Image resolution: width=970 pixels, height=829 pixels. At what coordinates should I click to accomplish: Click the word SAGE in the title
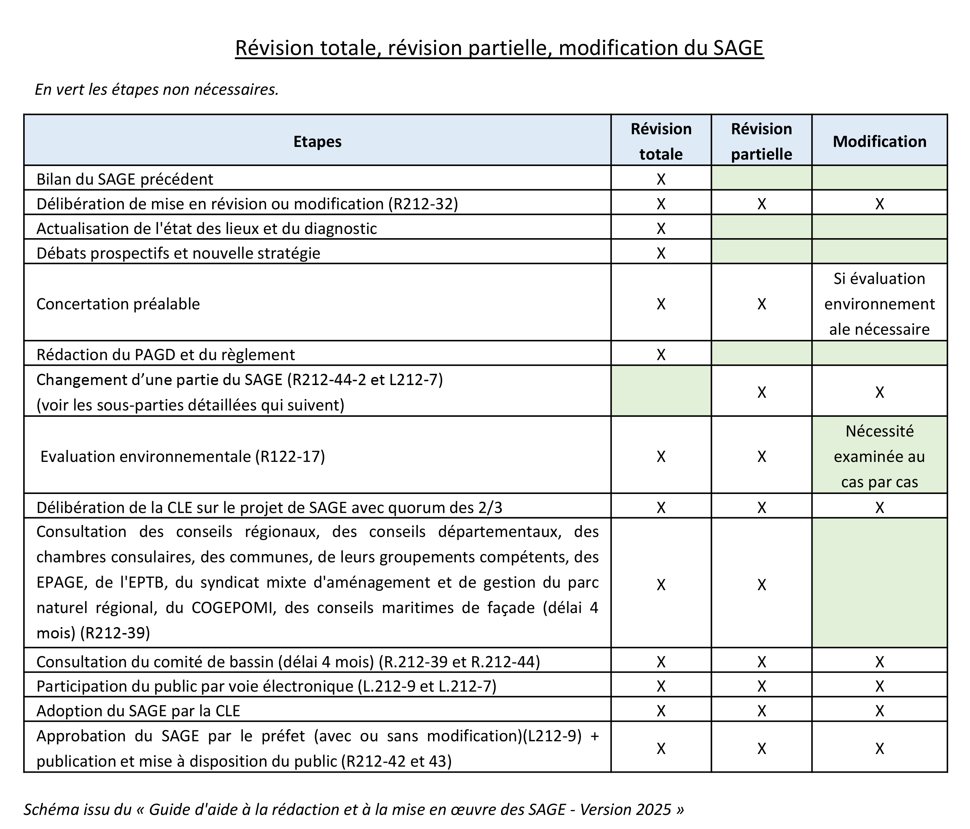pos(738,48)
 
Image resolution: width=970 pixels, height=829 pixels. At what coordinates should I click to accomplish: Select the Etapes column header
pos(317,141)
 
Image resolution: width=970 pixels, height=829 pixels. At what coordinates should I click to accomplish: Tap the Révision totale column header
pos(661,141)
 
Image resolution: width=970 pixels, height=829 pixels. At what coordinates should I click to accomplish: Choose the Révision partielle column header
pos(761,141)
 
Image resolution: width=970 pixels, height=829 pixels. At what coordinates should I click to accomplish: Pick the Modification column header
pos(879,141)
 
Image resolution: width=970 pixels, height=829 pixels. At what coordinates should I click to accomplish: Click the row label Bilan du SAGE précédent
pos(125,179)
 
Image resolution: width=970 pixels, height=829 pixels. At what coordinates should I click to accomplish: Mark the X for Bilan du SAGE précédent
pos(661,179)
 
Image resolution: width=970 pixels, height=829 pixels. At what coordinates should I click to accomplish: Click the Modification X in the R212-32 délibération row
pos(879,204)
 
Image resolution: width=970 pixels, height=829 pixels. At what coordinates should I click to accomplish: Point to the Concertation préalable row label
pos(118,304)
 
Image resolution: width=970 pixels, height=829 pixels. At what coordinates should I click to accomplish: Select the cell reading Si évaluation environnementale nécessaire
pos(879,304)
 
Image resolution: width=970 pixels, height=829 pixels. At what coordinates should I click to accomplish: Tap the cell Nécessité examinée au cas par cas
pos(879,456)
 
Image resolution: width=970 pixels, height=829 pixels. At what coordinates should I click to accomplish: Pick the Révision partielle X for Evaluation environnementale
pos(761,456)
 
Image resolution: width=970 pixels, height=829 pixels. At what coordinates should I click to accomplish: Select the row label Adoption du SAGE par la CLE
pos(139,711)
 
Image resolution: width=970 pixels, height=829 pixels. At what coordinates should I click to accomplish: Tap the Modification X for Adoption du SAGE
pos(879,711)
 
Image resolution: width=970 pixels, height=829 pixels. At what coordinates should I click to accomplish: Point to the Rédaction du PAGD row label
pos(166,354)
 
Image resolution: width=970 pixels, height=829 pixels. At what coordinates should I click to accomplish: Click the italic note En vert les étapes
pos(157,89)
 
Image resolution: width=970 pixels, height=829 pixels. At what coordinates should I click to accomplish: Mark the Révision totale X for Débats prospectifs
pos(661,253)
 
